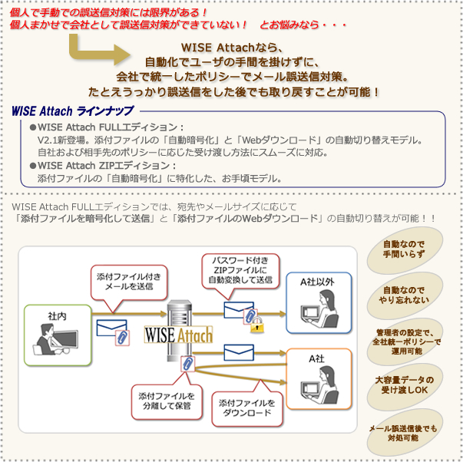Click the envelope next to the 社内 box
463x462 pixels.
(111, 328)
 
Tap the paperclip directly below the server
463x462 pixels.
(185, 364)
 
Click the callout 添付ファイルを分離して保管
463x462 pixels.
(167, 400)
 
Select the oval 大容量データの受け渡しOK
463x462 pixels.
(403, 385)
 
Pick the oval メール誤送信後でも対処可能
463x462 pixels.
(403, 432)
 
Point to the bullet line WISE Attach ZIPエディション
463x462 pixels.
(107, 165)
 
